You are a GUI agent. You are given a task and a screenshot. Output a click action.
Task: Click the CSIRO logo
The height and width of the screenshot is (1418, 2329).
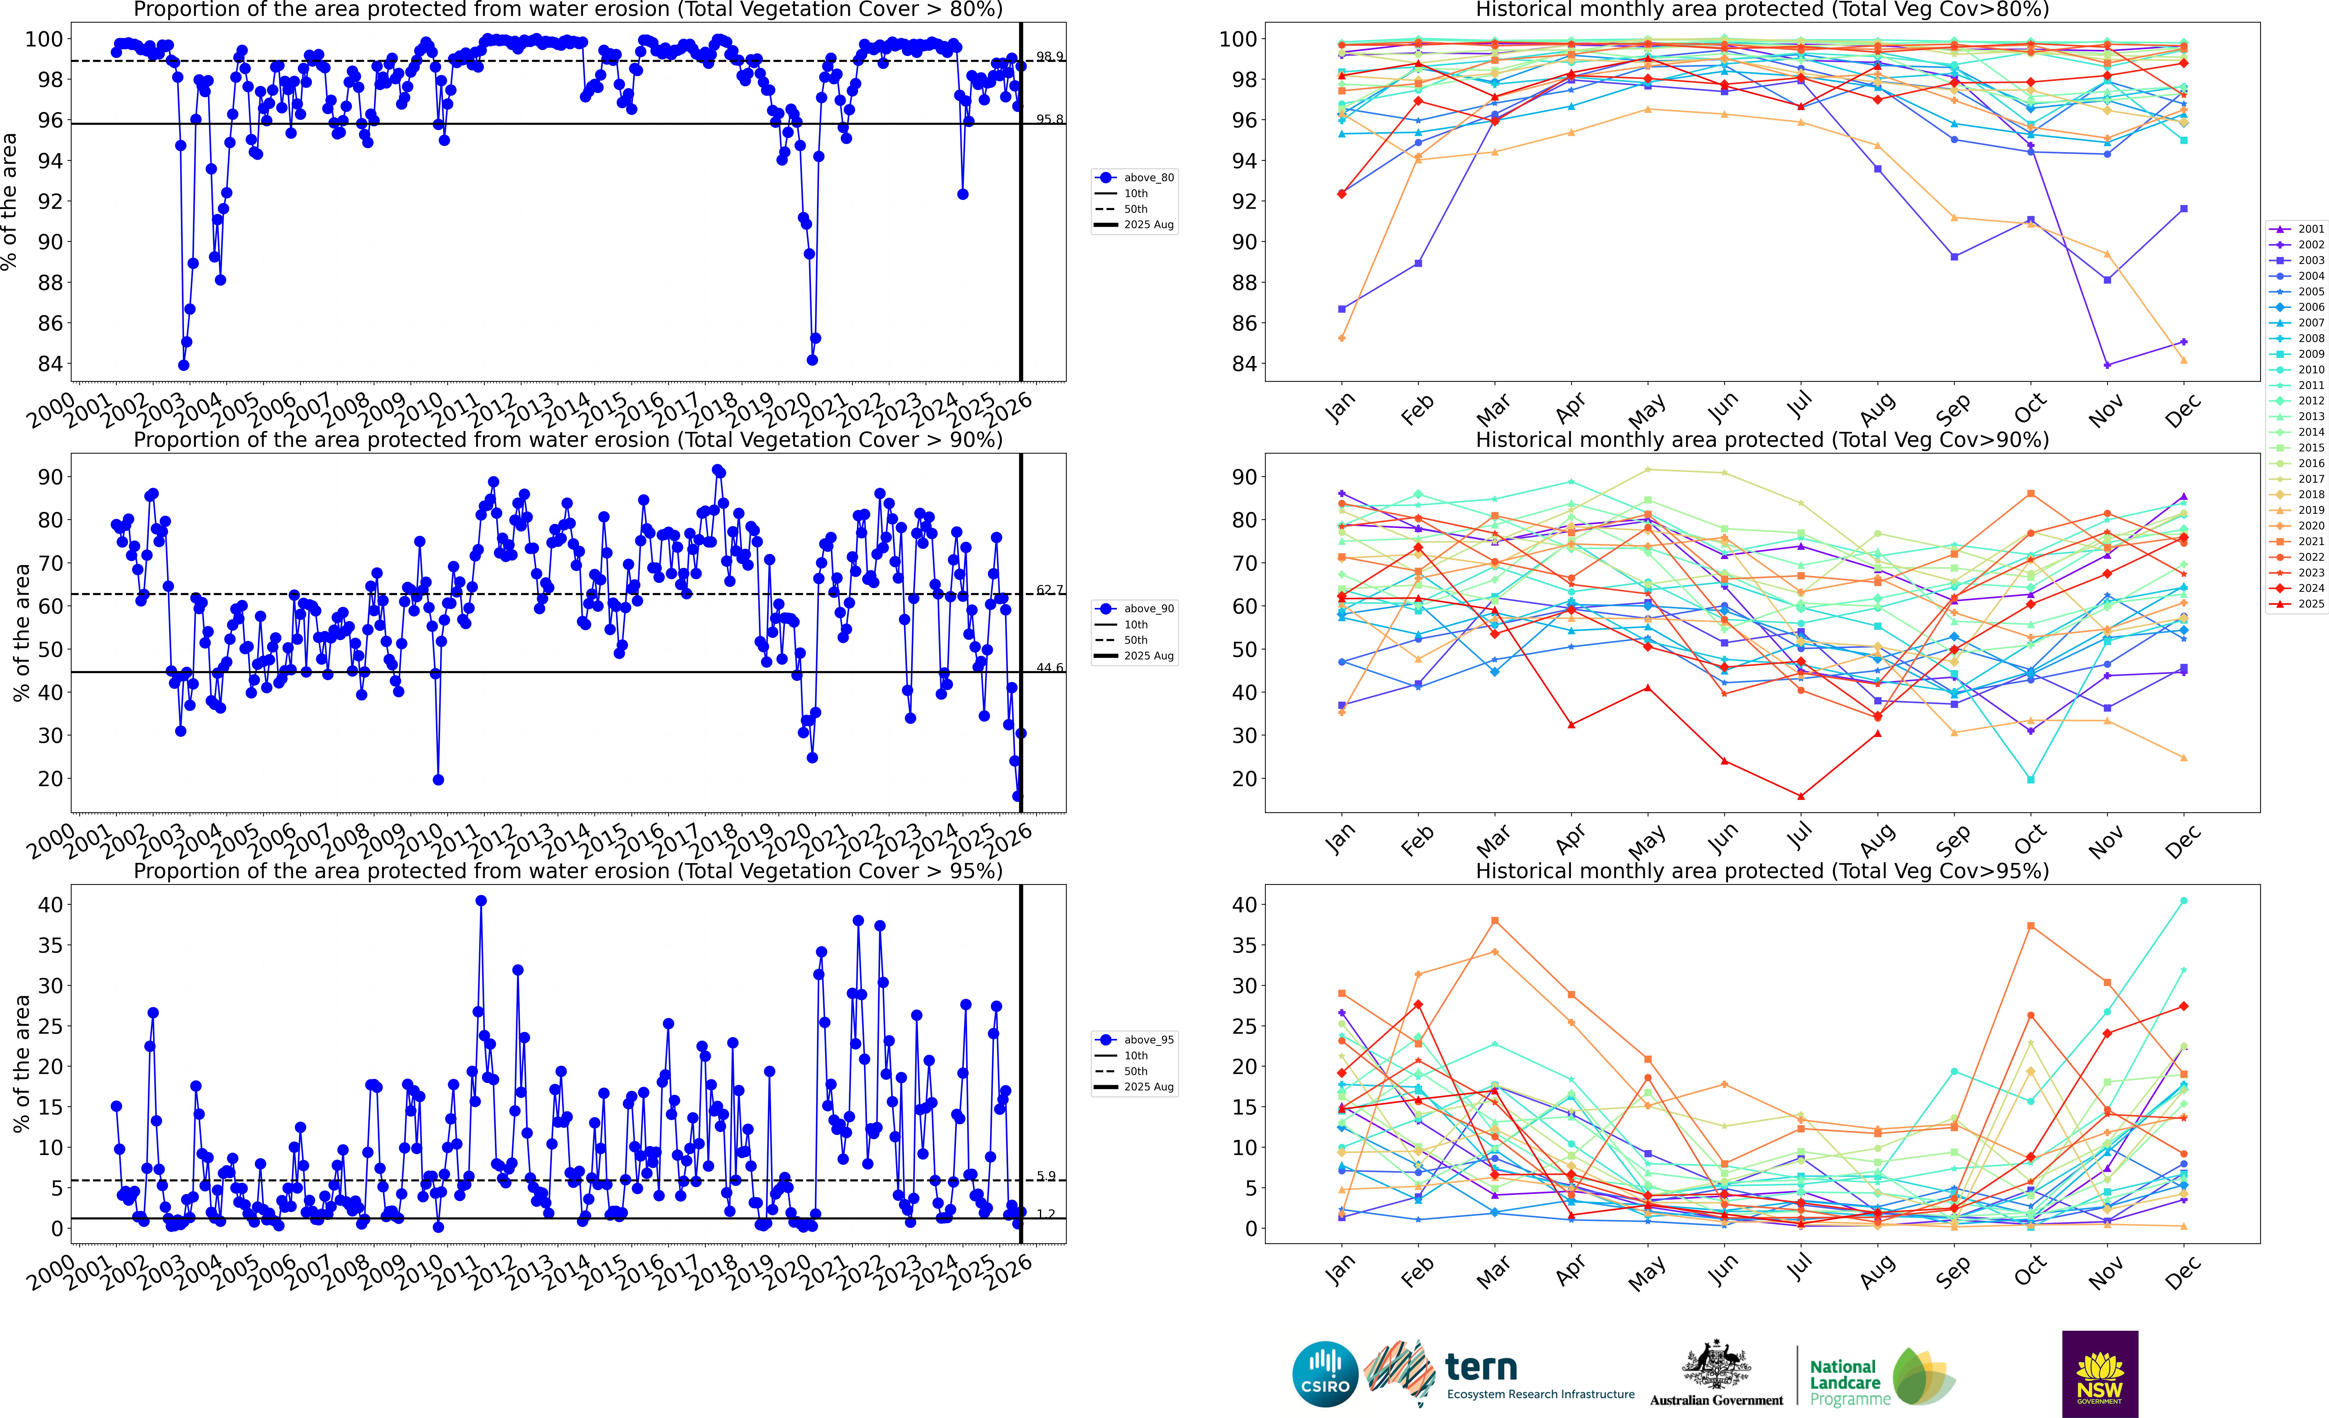click(x=1325, y=1374)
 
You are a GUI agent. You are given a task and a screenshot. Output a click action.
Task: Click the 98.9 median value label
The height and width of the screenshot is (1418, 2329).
click(x=1049, y=57)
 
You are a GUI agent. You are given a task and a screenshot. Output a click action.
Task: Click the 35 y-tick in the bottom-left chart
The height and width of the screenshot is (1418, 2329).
click(x=50, y=945)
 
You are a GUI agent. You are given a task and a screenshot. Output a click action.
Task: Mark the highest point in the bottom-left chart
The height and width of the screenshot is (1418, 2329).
click(x=481, y=901)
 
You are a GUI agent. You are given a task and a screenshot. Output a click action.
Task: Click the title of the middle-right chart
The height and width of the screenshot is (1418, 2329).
click(x=1762, y=440)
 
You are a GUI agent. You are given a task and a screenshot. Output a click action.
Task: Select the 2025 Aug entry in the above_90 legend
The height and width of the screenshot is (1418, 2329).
click(x=1148, y=656)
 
